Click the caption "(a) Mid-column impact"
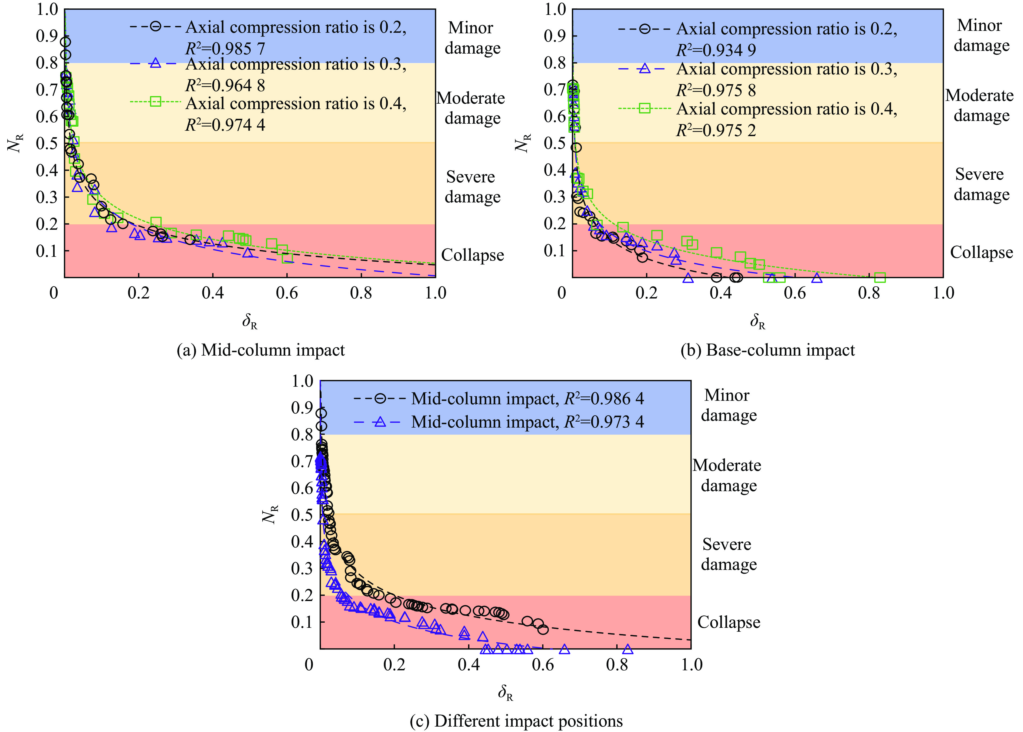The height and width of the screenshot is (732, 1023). pos(260,350)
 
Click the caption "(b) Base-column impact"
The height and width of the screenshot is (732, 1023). pos(768,350)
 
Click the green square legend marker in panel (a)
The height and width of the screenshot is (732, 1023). pos(155,101)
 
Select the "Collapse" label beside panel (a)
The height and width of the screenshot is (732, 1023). pos(472,255)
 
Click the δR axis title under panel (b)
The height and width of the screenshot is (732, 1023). pos(758,322)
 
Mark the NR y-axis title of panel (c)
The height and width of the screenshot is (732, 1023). pos(270,514)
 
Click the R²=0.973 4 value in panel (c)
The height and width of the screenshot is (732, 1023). pos(604,422)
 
